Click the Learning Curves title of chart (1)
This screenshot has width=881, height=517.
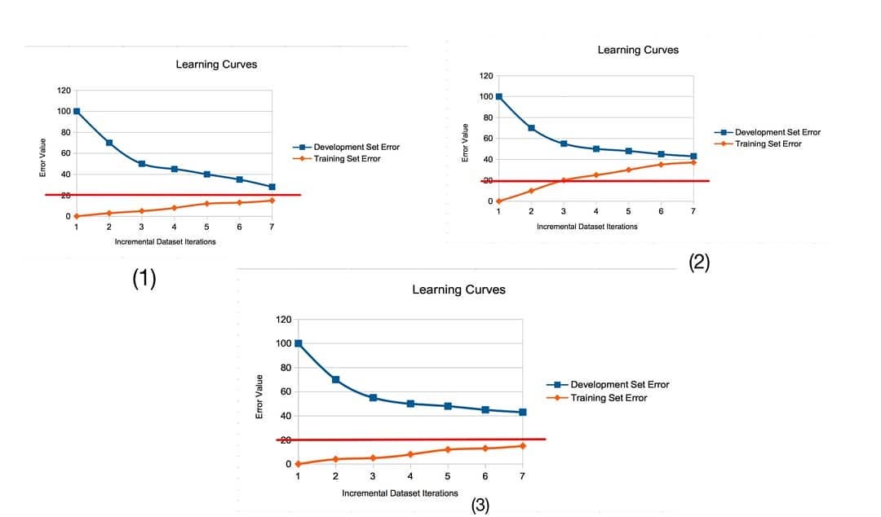click(216, 64)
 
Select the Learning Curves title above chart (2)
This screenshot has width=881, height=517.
click(638, 50)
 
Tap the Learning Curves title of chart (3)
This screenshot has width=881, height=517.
click(458, 289)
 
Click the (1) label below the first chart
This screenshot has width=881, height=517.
click(144, 279)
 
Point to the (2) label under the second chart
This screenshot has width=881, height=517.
click(699, 262)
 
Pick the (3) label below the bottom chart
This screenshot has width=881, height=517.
click(480, 506)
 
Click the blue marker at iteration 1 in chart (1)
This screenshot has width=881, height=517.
click(77, 111)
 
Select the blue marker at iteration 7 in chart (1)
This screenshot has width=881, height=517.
click(272, 187)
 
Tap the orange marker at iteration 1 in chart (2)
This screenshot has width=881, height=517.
click(498, 201)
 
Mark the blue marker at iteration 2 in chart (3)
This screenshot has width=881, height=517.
click(335, 380)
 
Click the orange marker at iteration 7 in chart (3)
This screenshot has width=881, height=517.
click(522, 445)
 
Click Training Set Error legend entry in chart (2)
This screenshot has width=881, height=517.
click(768, 144)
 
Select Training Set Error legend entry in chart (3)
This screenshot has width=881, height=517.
click(609, 398)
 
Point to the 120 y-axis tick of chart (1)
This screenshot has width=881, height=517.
click(64, 90)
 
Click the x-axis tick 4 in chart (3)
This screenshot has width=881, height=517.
click(410, 476)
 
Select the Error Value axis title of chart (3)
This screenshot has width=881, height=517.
click(259, 396)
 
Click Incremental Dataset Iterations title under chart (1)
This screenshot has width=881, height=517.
click(165, 242)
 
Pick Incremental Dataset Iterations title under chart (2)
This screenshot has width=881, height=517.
click(587, 227)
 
